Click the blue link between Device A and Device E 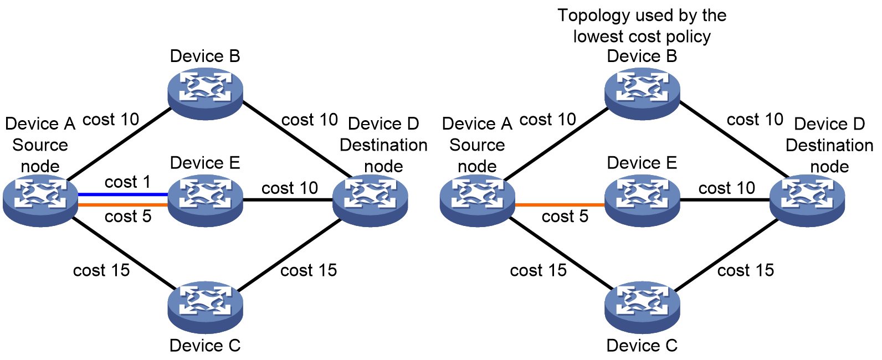click(x=123, y=194)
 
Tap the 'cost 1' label click(x=127, y=182)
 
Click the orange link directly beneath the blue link click(x=123, y=205)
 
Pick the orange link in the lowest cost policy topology click(x=560, y=205)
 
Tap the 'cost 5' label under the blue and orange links click(x=128, y=217)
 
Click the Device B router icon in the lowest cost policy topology click(x=642, y=94)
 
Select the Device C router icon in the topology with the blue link click(x=205, y=307)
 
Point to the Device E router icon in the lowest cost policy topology click(x=642, y=200)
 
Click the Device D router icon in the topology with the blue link click(x=370, y=200)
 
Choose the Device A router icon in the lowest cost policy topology click(x=477, y=200)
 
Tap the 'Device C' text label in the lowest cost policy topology click(x=642, y=346)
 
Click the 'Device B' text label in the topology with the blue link click(x=205, y=56)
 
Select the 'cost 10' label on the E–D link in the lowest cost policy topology click(x=727, y=188)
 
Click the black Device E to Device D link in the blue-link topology click(x=288, y=200)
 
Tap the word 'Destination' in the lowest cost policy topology click(x=829, y=146)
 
